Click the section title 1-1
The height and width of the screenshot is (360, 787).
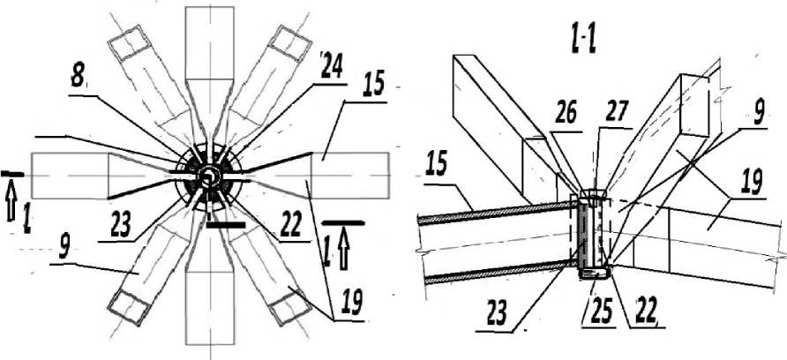pyautogui.click(x=578, y=41)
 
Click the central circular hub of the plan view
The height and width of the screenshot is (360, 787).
pyautogui.click(x=208, y=176)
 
